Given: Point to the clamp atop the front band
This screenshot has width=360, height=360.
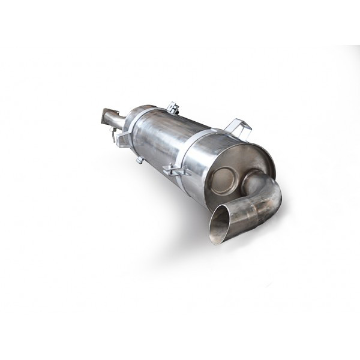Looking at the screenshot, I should tap(173, 108).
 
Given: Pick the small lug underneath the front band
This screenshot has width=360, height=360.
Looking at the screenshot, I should tap(139, 160).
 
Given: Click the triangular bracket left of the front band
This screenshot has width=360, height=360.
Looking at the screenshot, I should tap(123, 140).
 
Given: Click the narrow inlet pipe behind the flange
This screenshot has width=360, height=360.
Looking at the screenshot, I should tap(119, 122).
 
